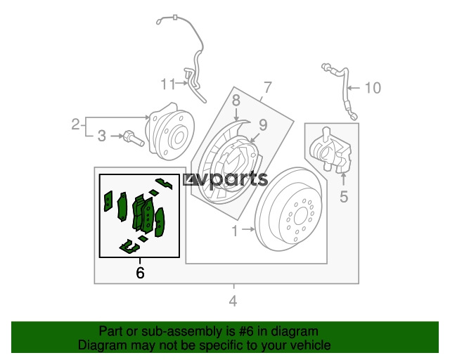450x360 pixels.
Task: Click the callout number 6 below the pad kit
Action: pyautogui.click(x=140, y=272)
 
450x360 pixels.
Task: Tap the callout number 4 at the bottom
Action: pyautogui.click(x=233, y=301)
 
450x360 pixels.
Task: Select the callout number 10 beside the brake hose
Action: pyautogui.click(x=373, y=88)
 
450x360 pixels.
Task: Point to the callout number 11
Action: pyautogui.click(x=168, y=84)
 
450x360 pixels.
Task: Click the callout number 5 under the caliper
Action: pyautogui.click(x=344, y=197)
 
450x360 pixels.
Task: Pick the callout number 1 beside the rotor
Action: pyautogui.click(x=235, y=231)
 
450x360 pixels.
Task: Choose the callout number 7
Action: pyautogui.click(x=267, y=87)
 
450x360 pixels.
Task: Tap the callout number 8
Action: pyautogui.click(x=236, y=101)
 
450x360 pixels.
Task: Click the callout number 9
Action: pyautogui.click(x=263, y=124)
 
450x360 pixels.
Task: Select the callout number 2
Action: pyautogui.click(x=75, y=124)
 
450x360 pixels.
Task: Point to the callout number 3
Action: pyautogui.click(x=102, y=136)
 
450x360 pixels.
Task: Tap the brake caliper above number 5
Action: pyautogui.click(x=331, y=150)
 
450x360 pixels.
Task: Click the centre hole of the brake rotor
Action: pyautogui.click(x=300, y=215)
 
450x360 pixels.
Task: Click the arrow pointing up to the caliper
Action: pyautogui.click(x=344, y=179)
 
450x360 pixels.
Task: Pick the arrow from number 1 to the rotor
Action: pyautogui.click(x=248, y=229)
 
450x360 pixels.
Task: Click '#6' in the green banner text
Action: pyautogui.click(x=246, y=331)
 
